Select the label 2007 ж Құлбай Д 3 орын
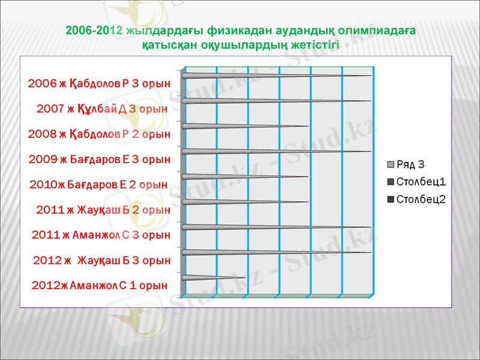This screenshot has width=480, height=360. pos(101,109)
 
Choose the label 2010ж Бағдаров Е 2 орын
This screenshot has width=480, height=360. pos(98,184)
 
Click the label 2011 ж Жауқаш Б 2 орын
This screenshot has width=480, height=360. pos(103,209)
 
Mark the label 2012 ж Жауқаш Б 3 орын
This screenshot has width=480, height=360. pos(101,260)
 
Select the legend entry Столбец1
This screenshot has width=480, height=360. pos(420,182)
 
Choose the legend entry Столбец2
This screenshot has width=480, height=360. pos(420,199)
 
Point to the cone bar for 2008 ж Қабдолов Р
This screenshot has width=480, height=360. pos(240,126)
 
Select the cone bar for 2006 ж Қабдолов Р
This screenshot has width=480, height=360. pos(270,76)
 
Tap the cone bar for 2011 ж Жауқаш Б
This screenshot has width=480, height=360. pos(240,202)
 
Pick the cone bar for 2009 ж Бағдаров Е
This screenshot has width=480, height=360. pos(270,151)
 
